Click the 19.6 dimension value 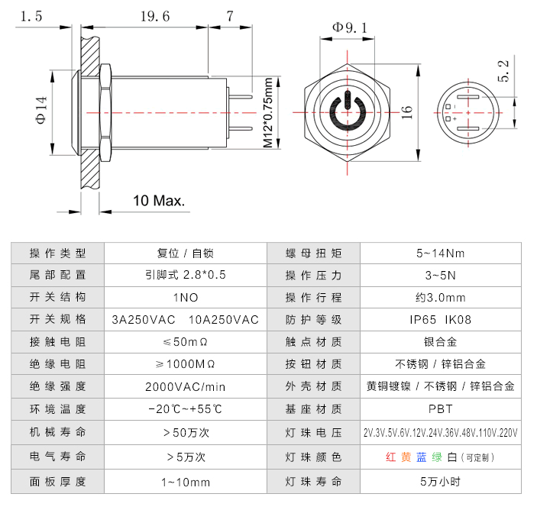156,16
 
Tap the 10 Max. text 160,201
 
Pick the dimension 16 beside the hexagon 407,111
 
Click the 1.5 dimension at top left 31,16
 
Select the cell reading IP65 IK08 441,319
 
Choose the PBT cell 441,409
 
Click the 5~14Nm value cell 441,253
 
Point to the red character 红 390,457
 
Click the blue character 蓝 422,457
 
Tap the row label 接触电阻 57,341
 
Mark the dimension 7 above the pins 230,16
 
